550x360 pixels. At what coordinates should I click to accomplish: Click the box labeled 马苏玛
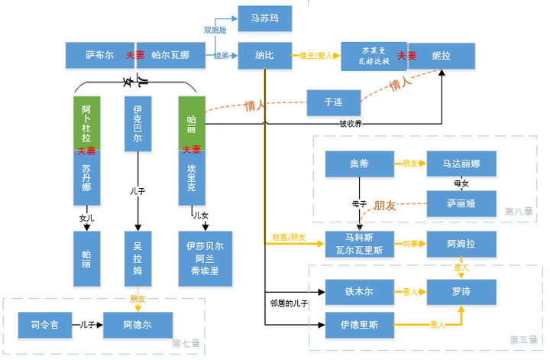(264, 18)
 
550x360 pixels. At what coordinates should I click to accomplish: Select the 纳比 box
(264, 56)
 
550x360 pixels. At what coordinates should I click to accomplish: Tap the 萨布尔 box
(99, 56)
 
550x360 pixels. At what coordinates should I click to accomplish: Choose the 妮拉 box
(441, 56)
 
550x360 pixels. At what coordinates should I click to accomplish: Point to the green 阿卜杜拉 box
(86, 119)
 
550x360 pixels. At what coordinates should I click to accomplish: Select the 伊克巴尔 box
(137, 123)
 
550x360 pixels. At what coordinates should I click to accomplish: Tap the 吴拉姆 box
(137, 258)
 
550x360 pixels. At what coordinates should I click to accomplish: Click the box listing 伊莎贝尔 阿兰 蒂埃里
(204, 258)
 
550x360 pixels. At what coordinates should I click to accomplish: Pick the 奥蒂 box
(359, 164)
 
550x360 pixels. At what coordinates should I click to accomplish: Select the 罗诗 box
(460, 291)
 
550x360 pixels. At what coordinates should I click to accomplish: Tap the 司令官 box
(46, 325)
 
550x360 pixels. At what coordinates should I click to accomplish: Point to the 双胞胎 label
(215, 31)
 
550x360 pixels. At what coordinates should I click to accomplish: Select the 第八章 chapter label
(517, 211)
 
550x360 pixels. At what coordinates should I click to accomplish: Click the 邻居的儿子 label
(289, 303)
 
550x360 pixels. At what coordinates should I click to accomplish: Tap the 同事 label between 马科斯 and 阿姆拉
(411, 244)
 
